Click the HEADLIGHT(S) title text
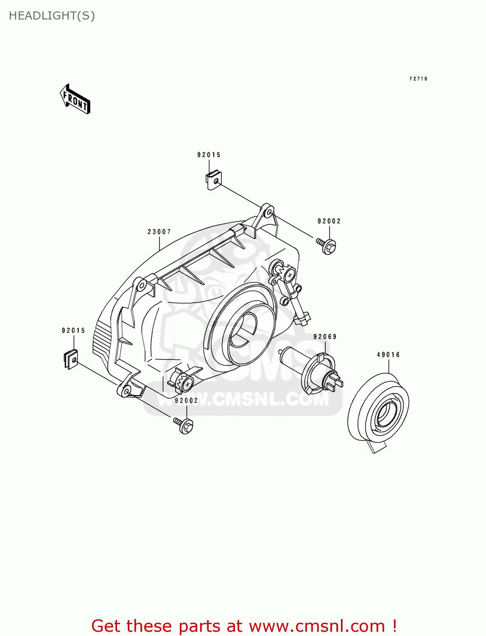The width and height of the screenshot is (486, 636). tap(52, 16)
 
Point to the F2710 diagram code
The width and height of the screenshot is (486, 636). tap(418, 79)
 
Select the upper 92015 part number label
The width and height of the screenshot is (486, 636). tap(209, 155)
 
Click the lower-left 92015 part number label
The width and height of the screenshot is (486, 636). tap(73, 331)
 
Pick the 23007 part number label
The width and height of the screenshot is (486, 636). tap(159, 232)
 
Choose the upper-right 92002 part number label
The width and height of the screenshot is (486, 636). tap(329, 221)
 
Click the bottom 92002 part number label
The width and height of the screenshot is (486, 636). tap(187, 401)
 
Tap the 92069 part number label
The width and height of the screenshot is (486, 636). tap(325, 337)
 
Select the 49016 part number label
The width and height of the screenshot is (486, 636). tap(388, 355)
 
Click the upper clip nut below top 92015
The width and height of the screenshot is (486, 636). tap(213, 181)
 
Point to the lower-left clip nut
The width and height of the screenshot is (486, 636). tap(71, 359)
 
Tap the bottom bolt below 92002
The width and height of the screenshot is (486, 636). tap(184, 425)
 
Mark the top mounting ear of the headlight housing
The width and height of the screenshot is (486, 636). tap(266, 212)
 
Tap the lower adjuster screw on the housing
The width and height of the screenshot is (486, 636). tap(185, 384)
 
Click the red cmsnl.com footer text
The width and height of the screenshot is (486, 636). tap(244, 626)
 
